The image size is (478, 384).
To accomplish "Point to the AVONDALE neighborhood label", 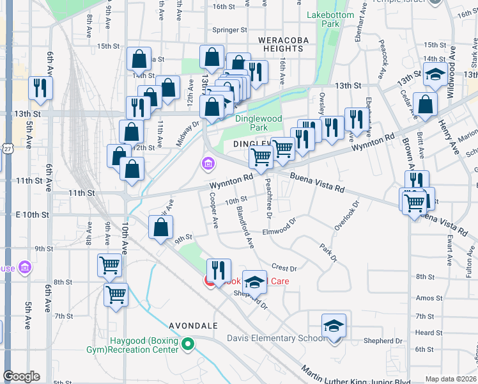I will [x=194, y=325].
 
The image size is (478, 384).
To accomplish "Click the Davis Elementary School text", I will [x=277, y=338].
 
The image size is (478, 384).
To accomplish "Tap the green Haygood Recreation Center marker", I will [x=187, y=346].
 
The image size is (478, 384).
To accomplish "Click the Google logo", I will [x=21, y=376].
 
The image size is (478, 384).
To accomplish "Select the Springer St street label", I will [x=229, y=30].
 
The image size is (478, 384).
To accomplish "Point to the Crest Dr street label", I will [x=284, y=268].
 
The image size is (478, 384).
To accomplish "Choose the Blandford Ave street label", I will [x=245, y=227].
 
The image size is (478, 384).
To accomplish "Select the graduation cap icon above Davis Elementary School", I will [x=334, y=326].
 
